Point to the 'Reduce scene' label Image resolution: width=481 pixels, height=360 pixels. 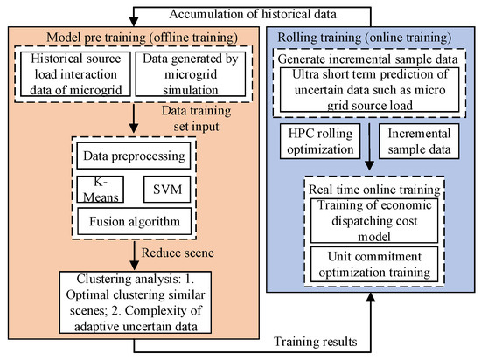point(192,253)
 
